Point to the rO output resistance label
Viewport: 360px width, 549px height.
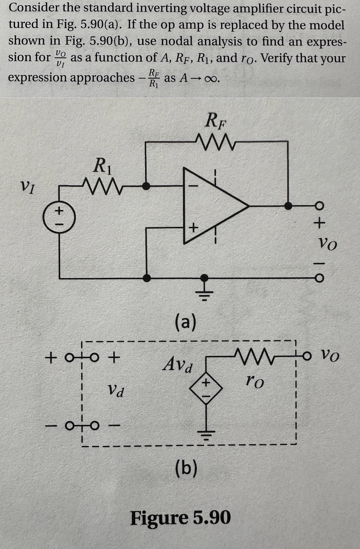pyautogui.click(x=254, y=380)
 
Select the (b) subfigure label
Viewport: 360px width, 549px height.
pyautogui.click(x=186, y=468)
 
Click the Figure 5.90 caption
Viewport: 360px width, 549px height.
pyautogui.click(x=180, y=518)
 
